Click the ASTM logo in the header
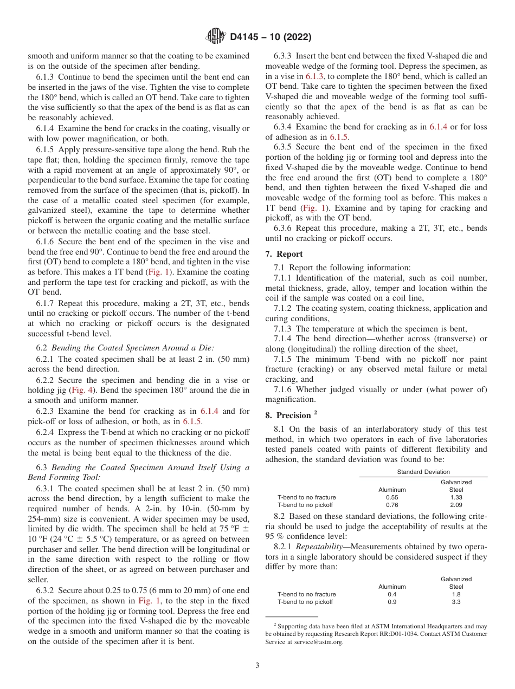216,37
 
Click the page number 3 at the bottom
257,665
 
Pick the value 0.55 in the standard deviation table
392,497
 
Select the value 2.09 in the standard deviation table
456,505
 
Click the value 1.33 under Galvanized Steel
456,497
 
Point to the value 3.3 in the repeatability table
456,602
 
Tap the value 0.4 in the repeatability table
392,594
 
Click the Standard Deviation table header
423,472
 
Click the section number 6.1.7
46,303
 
